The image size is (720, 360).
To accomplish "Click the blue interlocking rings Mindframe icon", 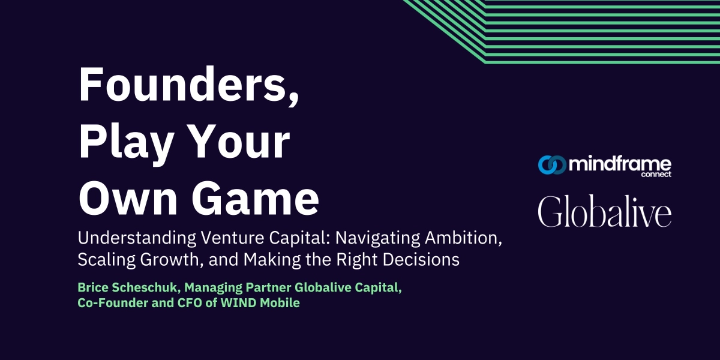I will pyautogui.click(x=551, y=164).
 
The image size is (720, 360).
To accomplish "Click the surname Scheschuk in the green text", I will pyautogui.click(x=142, y=288).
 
